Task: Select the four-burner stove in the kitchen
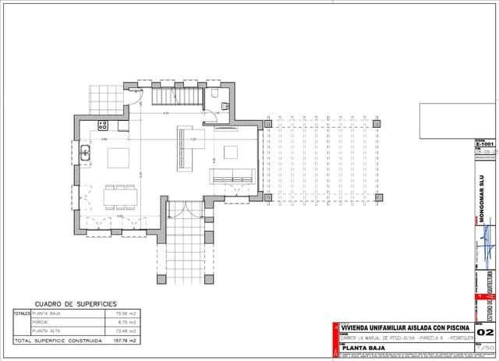[x=102, y=125]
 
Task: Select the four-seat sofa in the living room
[x=232, y=176]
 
